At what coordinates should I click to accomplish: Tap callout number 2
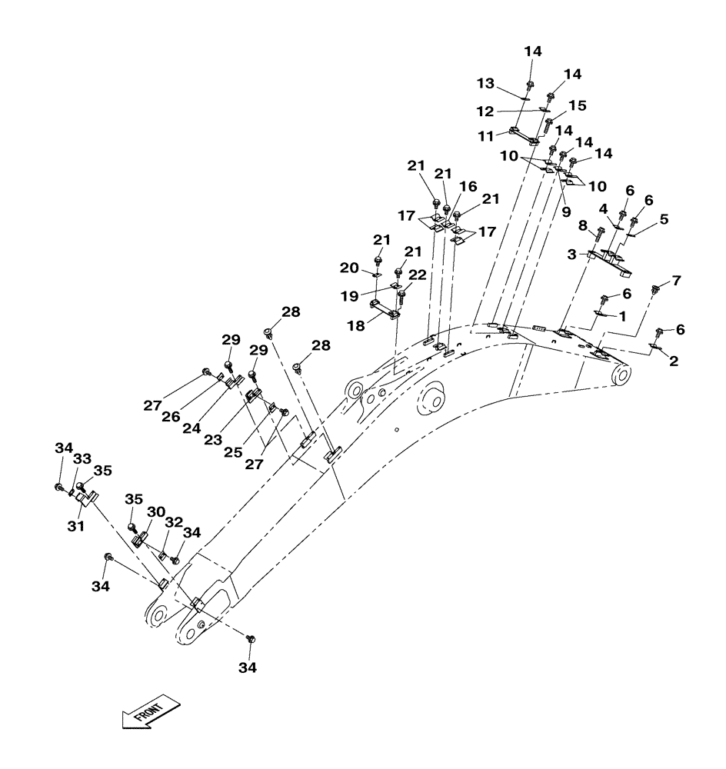674,361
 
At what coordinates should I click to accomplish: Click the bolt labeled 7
656,291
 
